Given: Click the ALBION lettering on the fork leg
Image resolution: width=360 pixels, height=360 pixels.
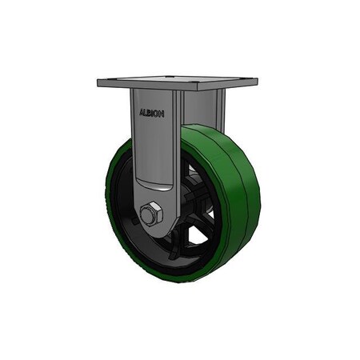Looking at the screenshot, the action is tap(152, 114).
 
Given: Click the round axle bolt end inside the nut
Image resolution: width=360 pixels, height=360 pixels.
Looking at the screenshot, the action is tap(146, 214).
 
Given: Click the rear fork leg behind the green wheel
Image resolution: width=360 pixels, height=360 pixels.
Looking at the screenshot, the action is tap(221, 110).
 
